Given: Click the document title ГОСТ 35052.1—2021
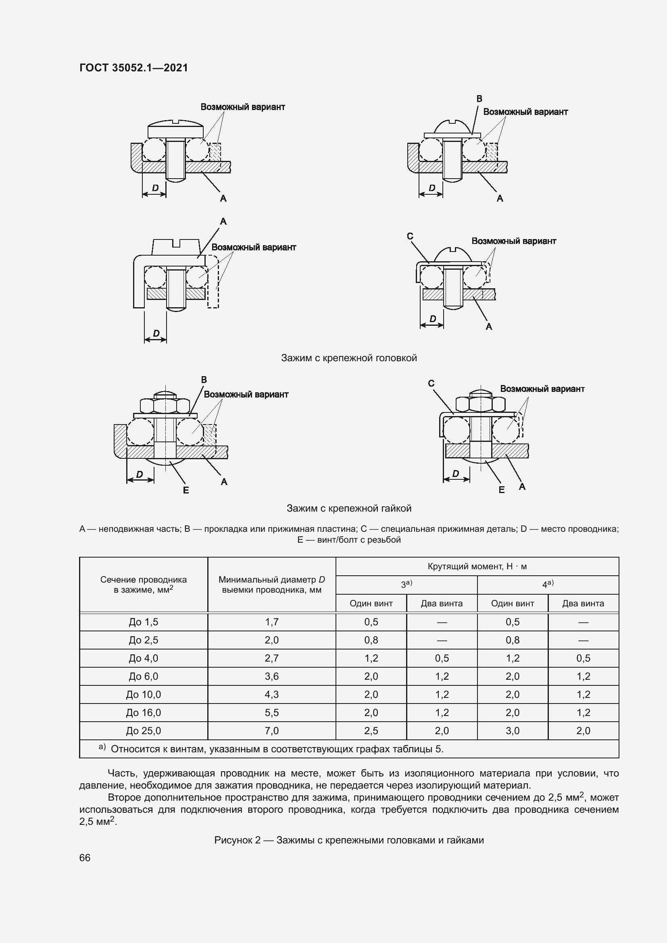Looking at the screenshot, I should click(133, 68).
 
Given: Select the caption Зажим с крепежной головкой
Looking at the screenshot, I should click(349, 358).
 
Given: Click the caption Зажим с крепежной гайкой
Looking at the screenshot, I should click(349, 508).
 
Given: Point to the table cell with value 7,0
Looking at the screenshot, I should click(271, 731).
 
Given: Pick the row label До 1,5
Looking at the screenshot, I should click(143, 622).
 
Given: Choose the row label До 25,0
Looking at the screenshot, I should click(143, 731).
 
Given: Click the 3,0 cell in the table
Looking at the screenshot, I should click(513, 731).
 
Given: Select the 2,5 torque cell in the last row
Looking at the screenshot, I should click(371, 731).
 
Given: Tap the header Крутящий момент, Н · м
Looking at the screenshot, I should click(477, 566).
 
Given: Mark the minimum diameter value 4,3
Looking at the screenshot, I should click(271, 695).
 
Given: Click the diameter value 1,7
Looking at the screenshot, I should click(271, 622).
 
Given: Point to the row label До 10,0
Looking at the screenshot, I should click(143, 695).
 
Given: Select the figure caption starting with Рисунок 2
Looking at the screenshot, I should click(349, 840).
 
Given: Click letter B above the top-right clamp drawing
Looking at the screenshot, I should click(479, 99).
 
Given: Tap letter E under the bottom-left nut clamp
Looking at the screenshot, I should click(186, 490).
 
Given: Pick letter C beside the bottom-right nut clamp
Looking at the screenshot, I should click(431, 383).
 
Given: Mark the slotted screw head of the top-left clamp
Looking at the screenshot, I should click(175, 128).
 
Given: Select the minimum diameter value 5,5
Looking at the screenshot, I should click(271, 712).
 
